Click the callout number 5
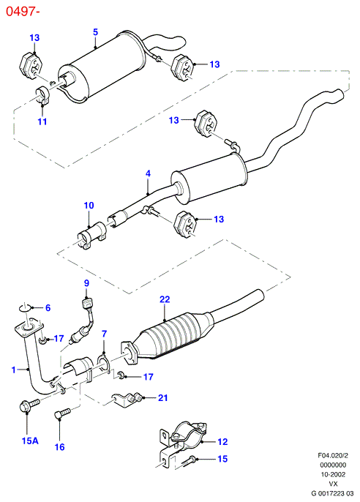point(95,32)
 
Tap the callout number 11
point(42,121)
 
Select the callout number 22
point(165,299)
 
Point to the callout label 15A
point(30,441)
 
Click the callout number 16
point(60,447)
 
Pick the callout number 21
point(163,397)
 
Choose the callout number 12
point(222,442)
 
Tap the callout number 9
point(86,283)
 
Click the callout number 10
point(89,205)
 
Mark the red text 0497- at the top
point(23,12)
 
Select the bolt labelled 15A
point(29,405)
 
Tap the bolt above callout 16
point(62,413)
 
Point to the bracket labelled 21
point(127,399)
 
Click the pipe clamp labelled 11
point(42,95)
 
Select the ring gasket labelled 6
point(24,308)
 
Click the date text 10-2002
point(333,474)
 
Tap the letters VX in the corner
point(333,484)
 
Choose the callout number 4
point(148,173)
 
